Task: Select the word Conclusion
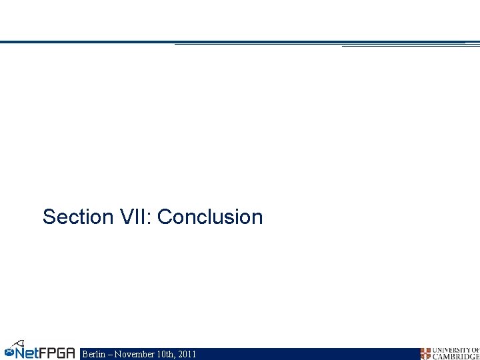211,217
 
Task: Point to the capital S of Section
49,217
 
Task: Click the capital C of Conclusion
165,217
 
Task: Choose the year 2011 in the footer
187,354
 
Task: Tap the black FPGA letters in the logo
57,352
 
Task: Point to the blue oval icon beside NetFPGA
9,351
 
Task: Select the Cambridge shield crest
425,353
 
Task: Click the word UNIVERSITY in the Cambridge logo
451,350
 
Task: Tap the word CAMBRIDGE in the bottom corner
456,357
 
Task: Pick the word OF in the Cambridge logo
475,350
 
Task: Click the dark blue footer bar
300,354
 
